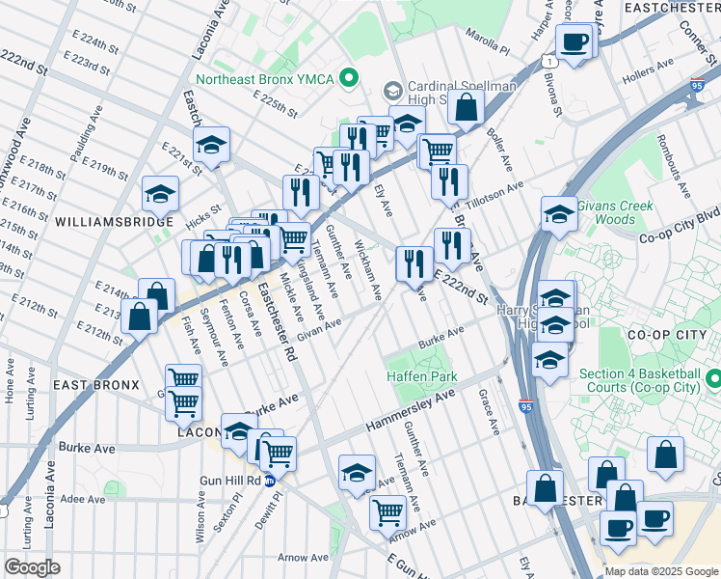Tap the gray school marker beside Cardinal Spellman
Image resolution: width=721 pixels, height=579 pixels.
(x=392, y=91)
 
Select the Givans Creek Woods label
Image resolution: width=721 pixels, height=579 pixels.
(x=615, y=212)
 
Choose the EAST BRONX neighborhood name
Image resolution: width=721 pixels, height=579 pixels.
(x=91, y=385)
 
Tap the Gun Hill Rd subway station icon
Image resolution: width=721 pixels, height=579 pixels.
(x=271, y=480)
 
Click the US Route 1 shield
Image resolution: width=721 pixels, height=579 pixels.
(x=547, y=61)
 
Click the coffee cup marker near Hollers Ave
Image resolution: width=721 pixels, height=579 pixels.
(x=574, y=43)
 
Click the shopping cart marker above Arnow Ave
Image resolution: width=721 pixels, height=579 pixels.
(x=387, y=511)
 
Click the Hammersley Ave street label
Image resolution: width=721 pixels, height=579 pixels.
(x=410, y=413)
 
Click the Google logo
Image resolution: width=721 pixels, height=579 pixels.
(x=32, y=567)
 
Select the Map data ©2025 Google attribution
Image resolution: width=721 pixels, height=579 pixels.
(x=660, y=571)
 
